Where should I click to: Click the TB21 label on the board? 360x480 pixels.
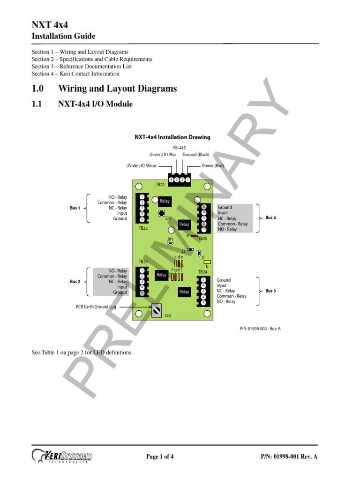click(160, 185)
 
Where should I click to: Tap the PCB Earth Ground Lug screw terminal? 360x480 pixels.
click(157, 309)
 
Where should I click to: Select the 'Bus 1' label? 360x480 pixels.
click(75, 208)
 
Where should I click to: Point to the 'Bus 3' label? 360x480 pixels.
click(270, 291)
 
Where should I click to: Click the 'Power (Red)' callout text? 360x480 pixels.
click(213, 166)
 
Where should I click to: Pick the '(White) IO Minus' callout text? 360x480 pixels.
click(142, 166)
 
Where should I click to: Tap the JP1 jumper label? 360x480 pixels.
click(170, 239)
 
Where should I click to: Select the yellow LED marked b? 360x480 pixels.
click(207, 262)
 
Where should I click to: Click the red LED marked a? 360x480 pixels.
click(194, 236)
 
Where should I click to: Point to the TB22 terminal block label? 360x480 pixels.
click(143, 228)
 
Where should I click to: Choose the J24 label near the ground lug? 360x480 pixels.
click(168, 316)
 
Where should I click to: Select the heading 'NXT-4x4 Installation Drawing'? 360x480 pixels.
click(172, 137)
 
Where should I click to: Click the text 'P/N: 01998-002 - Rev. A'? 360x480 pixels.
click(260, 329)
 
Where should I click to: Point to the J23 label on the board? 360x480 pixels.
click(168, 218)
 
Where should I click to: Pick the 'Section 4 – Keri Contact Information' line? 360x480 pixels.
click(75, 74)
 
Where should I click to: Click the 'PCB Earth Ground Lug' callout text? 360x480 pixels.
click(96, 307)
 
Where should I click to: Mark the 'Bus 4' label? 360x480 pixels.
click(270, 218)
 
